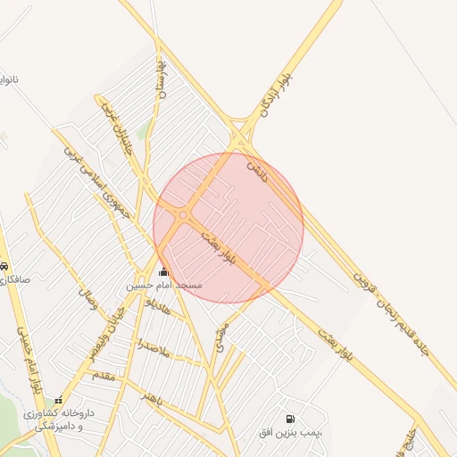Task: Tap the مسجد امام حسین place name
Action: (x=163, y=286)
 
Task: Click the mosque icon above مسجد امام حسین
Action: (x=162, y=271)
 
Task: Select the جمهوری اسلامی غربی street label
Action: (x=96, y=179)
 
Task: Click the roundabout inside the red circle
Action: (x=183, y=215)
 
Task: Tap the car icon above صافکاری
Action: (x=4, y=266)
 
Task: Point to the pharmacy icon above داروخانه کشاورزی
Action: (x=59, y=401)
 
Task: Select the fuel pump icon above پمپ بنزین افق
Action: (x=289, y=419)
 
